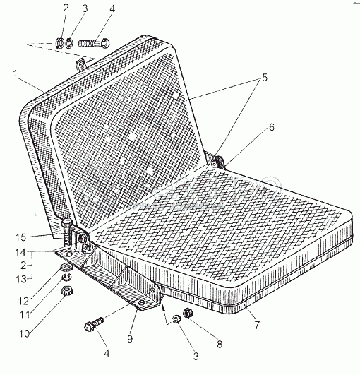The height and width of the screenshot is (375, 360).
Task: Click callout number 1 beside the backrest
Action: tap(16, 73)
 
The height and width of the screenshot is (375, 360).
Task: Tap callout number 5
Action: tap(265, 78)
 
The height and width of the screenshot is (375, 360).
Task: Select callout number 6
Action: tap(272, 127)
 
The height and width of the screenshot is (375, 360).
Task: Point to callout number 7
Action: tap(257, 325)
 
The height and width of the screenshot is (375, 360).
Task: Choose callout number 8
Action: tap(220, 344)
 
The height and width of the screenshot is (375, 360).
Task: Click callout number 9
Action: tap(130, 339)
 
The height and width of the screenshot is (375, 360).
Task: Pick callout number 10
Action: tap(24, 333)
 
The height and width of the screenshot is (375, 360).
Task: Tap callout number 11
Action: tap(25, 315)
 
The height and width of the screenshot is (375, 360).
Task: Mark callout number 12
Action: tap(24, 302)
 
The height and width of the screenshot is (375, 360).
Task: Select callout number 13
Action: tap(21, 279)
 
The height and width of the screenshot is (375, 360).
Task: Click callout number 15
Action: tap(20, 237)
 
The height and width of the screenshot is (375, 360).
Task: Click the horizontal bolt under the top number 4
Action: tap(94, 44)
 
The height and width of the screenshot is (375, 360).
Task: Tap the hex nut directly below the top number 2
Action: tap(59, 43)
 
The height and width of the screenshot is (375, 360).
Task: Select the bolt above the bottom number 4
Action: tap(94, 324)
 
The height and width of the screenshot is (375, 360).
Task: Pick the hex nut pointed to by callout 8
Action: tap(188, 313)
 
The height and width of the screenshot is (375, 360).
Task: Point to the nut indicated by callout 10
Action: tap(67, 291)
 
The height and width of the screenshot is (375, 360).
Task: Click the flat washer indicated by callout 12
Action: tap(66, 267)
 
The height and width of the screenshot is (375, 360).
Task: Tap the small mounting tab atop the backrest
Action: tap(80, 64)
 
